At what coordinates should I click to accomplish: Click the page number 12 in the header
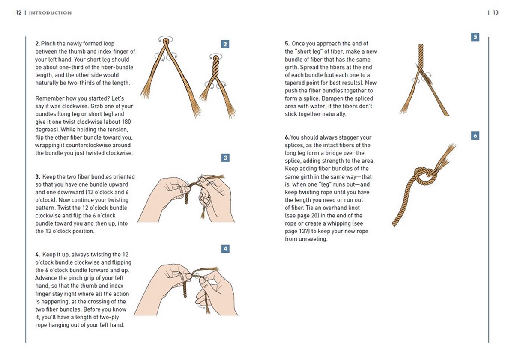pos(18,13)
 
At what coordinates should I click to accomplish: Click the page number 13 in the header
pos(496,13)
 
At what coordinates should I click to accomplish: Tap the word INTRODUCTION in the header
pos(50,13)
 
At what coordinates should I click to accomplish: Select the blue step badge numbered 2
pos(225,44)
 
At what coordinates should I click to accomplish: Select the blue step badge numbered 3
pos(225,158)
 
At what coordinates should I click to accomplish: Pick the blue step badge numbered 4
pos(225,249)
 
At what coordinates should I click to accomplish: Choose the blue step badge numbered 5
pos(475,37)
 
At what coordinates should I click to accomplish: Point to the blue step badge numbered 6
pos(475,136)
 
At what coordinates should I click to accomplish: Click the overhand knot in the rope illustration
pos(423,176)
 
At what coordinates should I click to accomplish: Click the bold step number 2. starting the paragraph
pos(38,44)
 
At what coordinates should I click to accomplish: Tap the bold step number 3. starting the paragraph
pos(38,177)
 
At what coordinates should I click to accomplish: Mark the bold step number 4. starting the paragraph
pos(38,255)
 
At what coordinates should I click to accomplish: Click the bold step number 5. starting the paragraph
pos(287,44)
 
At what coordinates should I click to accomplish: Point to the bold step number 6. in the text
pos(287,137)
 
